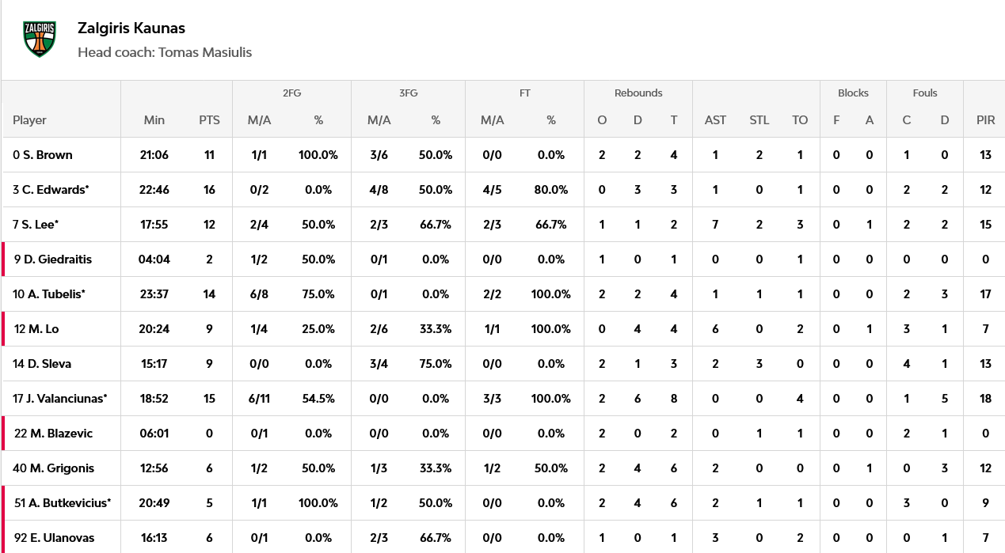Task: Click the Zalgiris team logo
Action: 40,39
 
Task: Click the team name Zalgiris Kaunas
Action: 131,28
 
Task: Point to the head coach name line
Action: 165,52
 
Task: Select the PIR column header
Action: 985,120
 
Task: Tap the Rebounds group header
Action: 638,93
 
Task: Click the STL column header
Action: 759,120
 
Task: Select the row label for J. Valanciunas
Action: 59,399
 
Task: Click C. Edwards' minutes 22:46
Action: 154,190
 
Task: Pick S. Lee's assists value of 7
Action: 715,225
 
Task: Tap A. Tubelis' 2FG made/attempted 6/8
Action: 259,294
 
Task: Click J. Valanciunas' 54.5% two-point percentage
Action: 318,399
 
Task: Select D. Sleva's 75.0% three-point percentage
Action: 436,364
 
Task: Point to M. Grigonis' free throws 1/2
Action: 492,468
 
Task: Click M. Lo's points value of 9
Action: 209,329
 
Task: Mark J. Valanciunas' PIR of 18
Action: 985,399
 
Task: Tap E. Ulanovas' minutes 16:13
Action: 154,538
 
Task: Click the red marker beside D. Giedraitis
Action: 3,259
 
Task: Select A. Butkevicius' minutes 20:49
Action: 154,503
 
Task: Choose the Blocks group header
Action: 853,93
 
